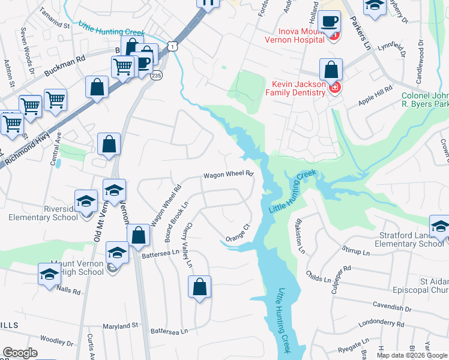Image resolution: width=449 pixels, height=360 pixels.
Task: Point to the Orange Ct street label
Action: [238, 232]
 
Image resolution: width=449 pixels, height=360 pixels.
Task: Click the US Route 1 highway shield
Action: [173, 46]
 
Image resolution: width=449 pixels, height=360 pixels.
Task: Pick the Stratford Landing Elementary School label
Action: [408, 239]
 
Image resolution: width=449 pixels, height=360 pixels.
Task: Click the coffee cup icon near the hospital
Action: [330, 23]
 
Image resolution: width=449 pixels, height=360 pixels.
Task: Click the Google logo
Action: [20, 353]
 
